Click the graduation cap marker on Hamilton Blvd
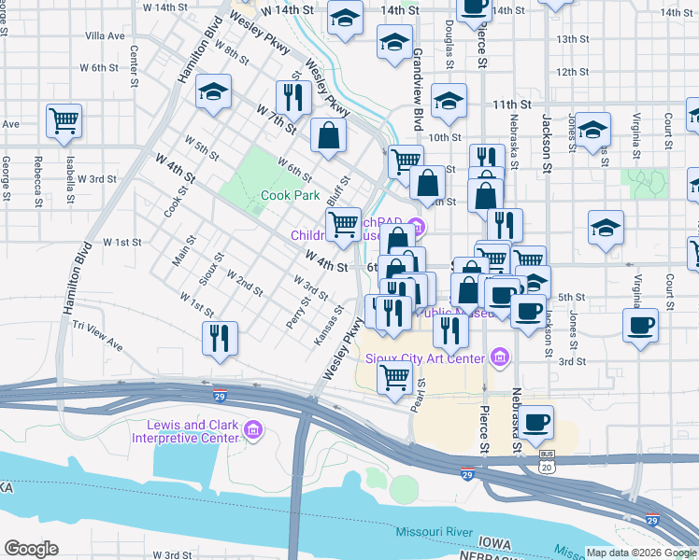pyautogui.click(x=214, y=91)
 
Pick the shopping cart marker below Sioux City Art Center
pyautogui.click(x=394, y=378)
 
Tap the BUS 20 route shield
pyautogui.click(x=547, y=460)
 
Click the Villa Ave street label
pyautogui.click(x=105, y=35)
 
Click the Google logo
pyautogui.click(x=31, y=549)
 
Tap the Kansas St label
pyautogui.click(x=322, y=328)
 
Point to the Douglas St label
pyautogui.click(x=449, y=42)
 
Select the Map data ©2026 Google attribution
pyautogui.click(x=640, y=553)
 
